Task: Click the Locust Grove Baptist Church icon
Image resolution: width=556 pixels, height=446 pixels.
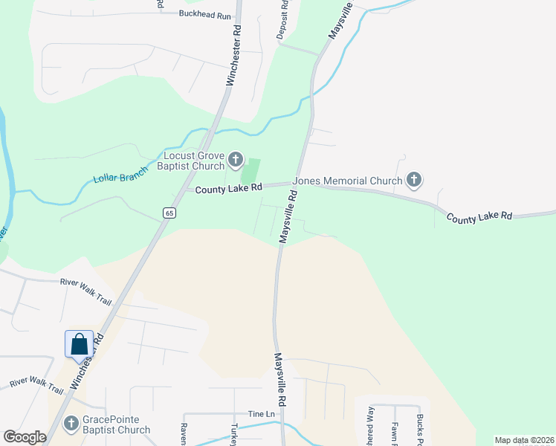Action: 236,159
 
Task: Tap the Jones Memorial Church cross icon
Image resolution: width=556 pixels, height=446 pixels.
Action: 414,180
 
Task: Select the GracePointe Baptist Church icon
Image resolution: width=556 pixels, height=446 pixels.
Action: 71,424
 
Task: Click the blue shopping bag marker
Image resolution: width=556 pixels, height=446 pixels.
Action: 79,344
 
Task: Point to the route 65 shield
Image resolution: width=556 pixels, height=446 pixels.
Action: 169,213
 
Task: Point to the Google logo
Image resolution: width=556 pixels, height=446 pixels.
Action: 25,437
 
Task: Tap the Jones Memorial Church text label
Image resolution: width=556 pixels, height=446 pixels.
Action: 347,180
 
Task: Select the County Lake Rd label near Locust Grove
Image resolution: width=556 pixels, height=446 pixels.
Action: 229,190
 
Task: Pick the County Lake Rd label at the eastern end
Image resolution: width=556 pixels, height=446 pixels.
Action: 479,216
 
